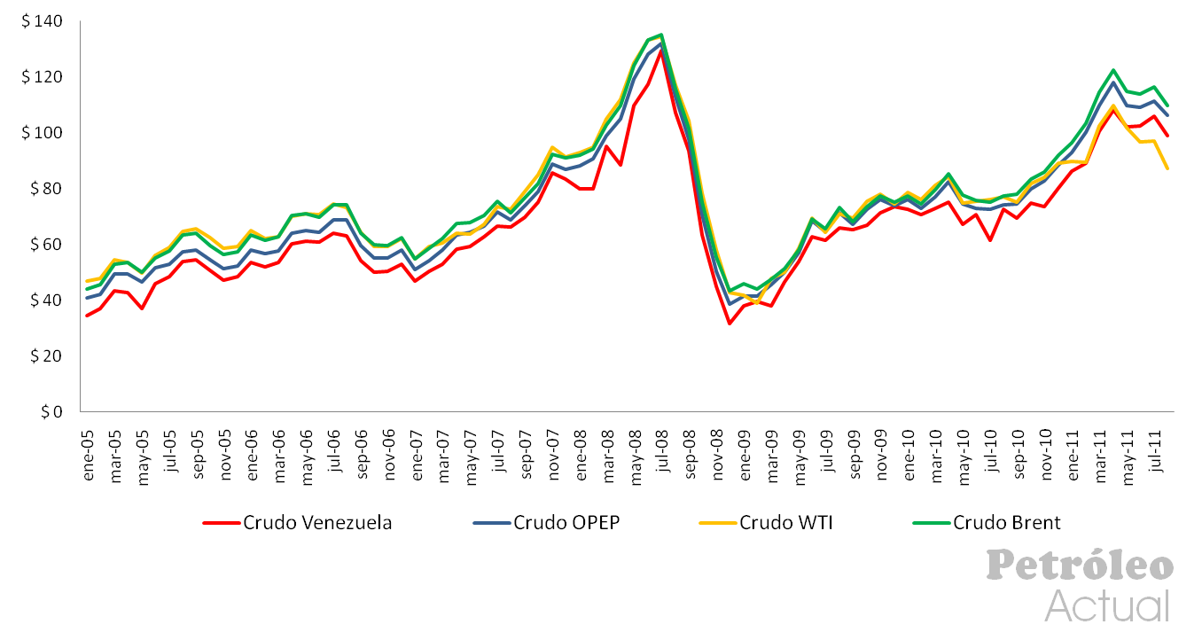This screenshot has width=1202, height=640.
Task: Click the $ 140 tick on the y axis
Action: click(x=44, y=21)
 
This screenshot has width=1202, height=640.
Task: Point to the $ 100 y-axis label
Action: click(x=44, y=133)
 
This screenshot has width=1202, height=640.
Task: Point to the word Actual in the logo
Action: click(x=1107, y=606)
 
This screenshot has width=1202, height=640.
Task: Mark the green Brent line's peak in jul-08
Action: click(x=661, y=35)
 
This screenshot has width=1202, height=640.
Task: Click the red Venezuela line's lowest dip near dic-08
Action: click(x=730, y=324)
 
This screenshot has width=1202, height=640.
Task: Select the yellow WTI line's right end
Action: click(x=1167, y=168)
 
